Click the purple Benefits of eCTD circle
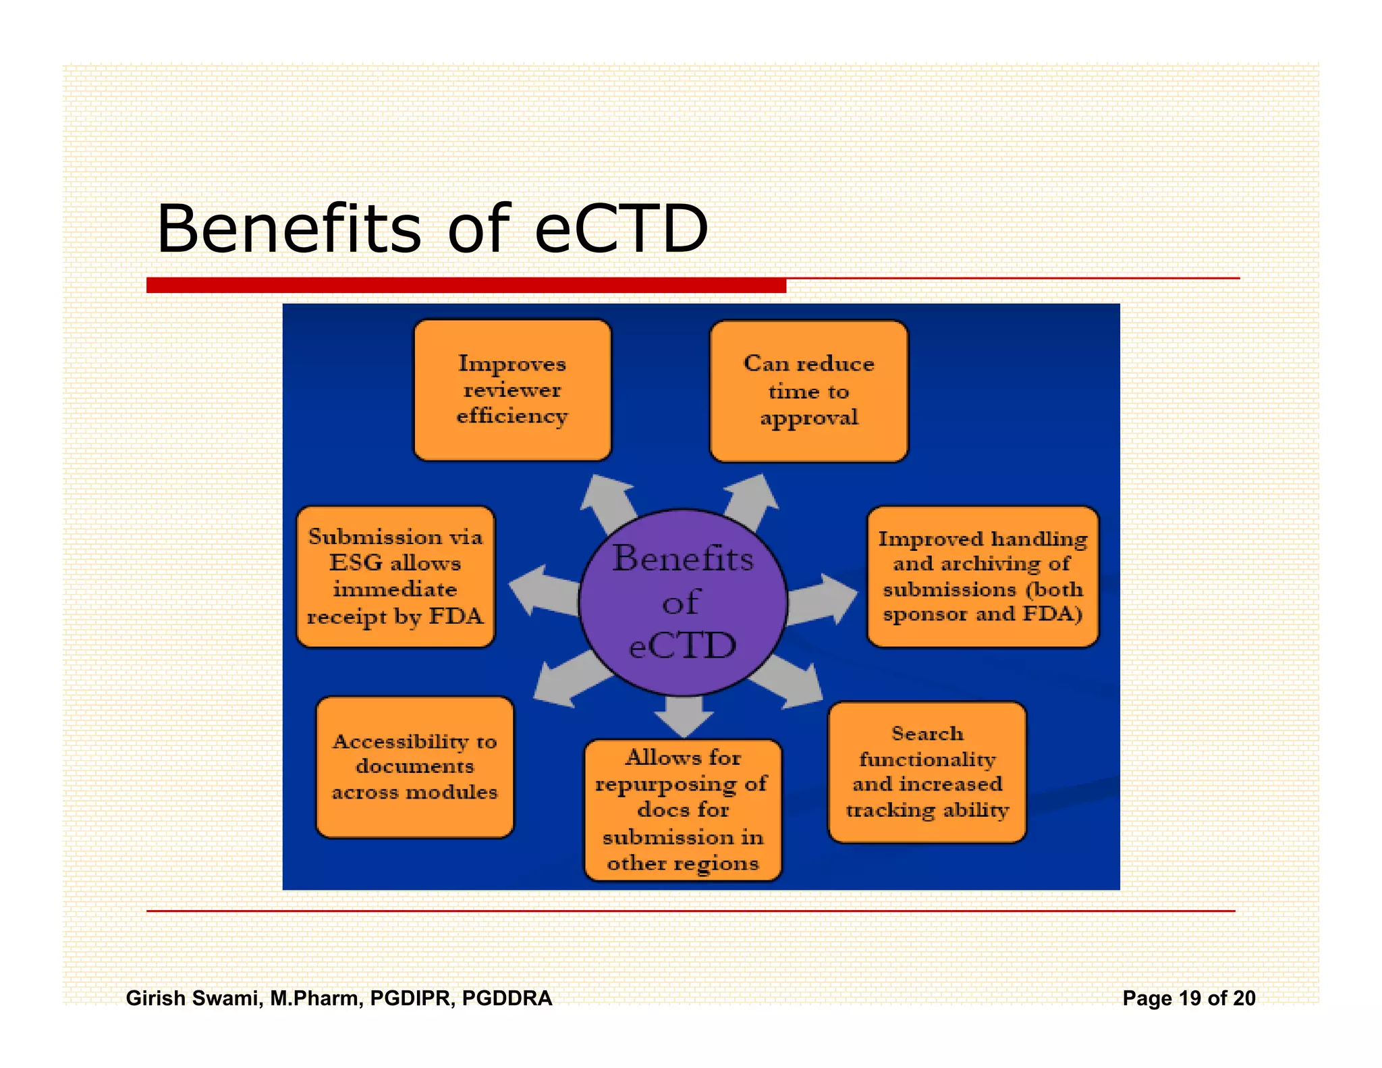click(x=683, y=602)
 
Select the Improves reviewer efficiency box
click(x=512, y=390)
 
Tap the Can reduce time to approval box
click(x=808, y=392)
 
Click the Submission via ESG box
click(x=395, y=577)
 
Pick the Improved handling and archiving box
click(x=983, y=577)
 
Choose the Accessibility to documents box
click(x=414, y=768)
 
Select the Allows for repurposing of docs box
click(x=683, y=810)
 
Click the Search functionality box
click(x=927, y=772)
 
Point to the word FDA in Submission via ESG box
click(x=456, y=616)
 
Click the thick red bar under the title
click(x=466, y=286)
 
